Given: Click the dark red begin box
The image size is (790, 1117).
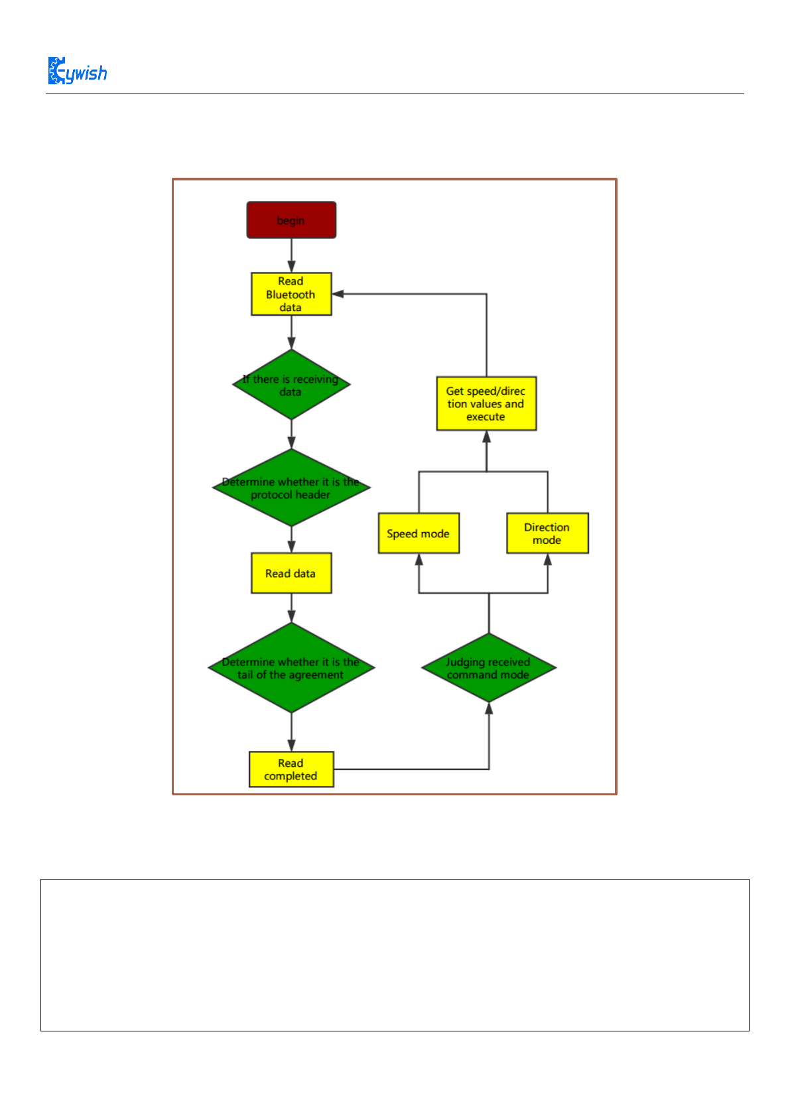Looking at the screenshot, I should coord(291,220).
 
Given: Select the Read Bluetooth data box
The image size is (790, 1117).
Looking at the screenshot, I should coord(291,294).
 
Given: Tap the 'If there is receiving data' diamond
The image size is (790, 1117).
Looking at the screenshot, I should coord(291,385).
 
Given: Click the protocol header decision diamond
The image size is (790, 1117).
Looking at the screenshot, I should coord(291,488).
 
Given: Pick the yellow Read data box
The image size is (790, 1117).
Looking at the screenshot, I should coord(291,573).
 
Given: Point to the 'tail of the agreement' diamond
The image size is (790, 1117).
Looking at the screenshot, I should coord(291,668).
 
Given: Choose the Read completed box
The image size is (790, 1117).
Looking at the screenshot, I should coord(291,769).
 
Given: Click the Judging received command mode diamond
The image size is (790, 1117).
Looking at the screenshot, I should coord(489,668).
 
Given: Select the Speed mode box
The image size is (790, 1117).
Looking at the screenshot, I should coord(419,533).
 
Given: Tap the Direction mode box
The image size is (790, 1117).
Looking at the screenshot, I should coord(547,533).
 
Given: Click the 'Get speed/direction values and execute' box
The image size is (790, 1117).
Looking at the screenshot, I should coord(486,404).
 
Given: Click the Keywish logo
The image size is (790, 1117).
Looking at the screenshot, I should coord(78,71).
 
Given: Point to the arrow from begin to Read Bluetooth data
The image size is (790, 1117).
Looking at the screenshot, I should coord(291,255).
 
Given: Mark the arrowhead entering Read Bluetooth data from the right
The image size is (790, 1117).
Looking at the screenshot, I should coord(338,294).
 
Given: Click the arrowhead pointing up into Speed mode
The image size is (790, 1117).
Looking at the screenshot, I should coord(419,559).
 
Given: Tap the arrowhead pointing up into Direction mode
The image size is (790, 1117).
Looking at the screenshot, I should coord(548,559).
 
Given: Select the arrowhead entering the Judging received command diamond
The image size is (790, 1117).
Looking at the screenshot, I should coord(489,708).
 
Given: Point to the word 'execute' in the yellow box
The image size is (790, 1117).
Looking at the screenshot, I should coord(486,417).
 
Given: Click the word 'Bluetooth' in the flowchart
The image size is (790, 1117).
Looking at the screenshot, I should coord(291,295).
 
